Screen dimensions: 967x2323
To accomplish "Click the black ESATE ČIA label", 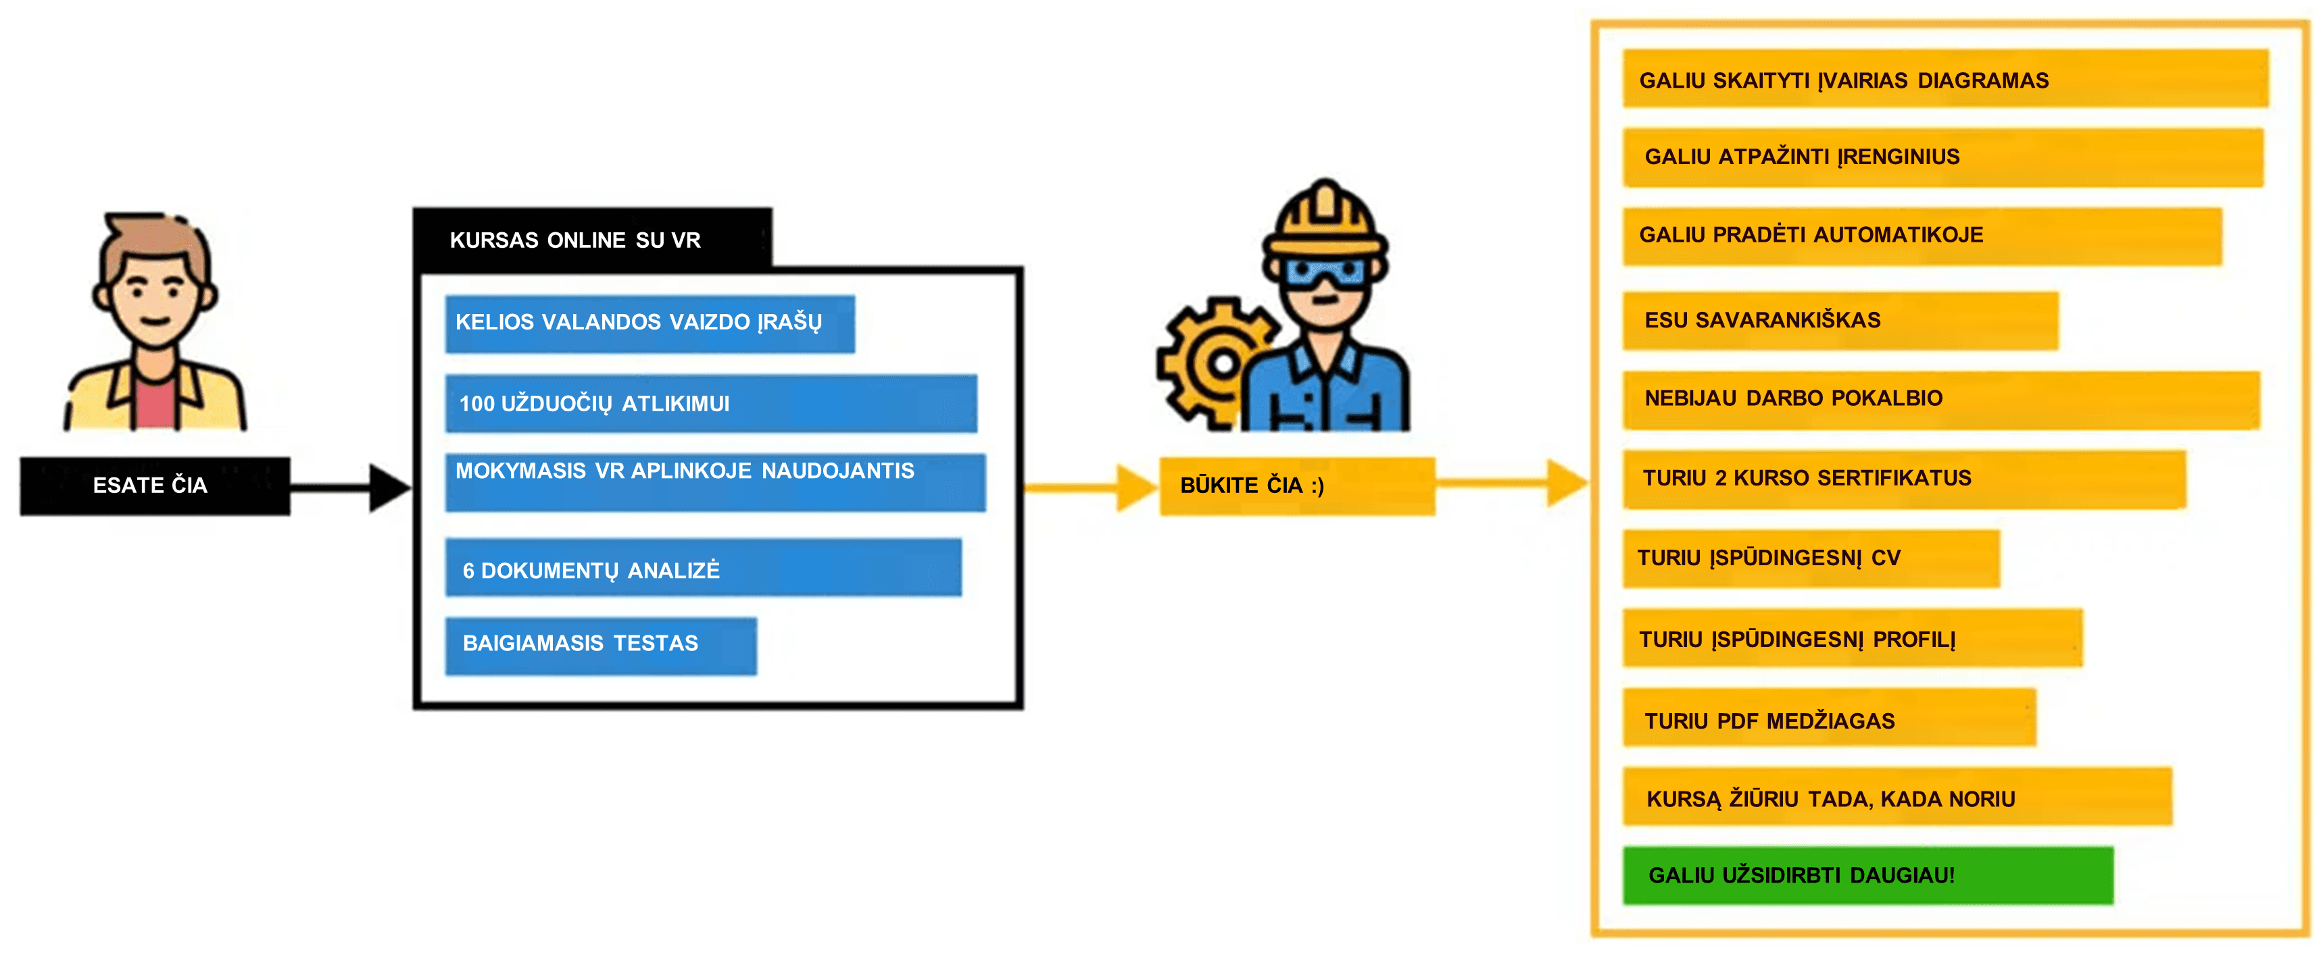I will point(154,486).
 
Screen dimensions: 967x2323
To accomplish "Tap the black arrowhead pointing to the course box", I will point(388,488).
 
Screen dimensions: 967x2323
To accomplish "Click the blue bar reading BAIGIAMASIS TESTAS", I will point(600,644).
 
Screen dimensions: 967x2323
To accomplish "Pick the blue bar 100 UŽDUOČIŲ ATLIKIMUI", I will point(710,404).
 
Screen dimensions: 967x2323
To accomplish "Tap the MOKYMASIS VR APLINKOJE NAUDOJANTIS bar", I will point(714,481).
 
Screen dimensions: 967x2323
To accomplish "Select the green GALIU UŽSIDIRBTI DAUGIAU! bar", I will point(1866,874).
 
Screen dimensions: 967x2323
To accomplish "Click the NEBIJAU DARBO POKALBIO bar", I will point(1940,398).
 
